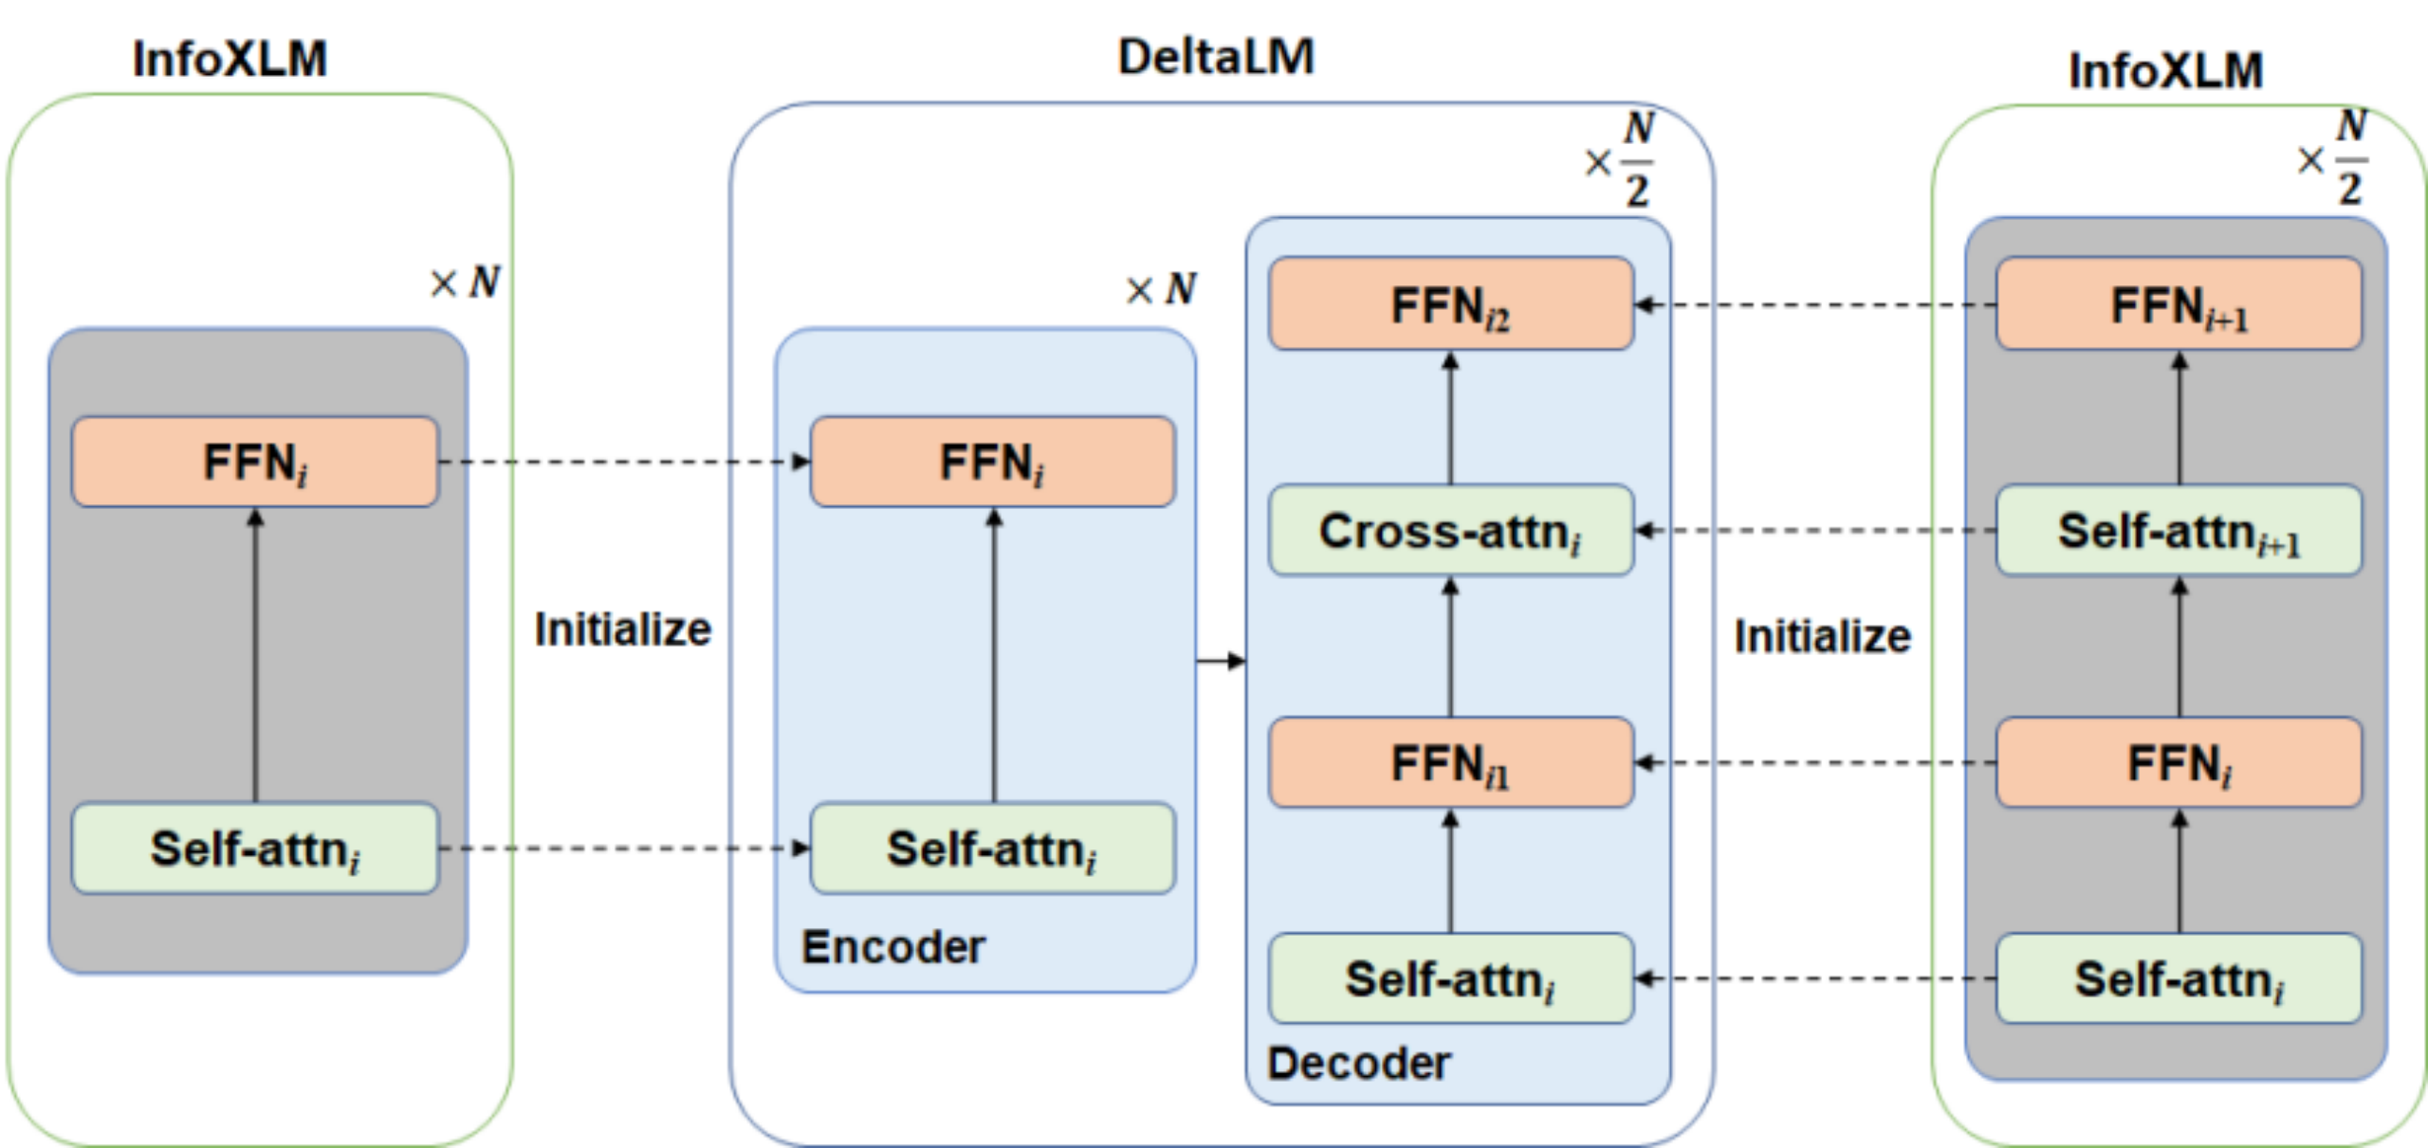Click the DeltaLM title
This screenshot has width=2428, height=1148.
(x=1216, y=57)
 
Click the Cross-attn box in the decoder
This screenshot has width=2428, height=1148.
(x=1451, y=530)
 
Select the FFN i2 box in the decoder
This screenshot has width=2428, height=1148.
(x=1451, y=303)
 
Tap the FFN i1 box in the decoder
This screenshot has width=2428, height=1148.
(x=1451, y=762)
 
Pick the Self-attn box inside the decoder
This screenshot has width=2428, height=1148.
(x=1451, y=978)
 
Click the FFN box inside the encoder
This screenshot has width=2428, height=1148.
(x=993, y=462)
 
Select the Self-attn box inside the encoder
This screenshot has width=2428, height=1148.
(x=993, y=848)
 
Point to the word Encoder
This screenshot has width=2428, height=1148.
(x=893, y=947)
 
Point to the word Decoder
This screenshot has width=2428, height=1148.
(x=1359, y=1064)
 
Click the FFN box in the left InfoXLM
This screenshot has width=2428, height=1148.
(x=255, y=462)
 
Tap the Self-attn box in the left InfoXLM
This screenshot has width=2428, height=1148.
(x=255, y=848)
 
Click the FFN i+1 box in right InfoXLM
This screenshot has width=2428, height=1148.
(x=2179, y=303)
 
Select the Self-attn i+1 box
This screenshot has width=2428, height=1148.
(x=2179, y=530)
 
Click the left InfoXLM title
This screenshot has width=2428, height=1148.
(x=230, y=59)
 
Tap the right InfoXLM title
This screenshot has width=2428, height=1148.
(x=2165, y=70)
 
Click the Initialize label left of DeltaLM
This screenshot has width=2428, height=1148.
(x=623, y=629)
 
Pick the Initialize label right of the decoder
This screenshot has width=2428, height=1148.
(x=1822, y=636)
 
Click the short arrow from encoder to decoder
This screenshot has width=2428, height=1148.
(x=1222, y=660)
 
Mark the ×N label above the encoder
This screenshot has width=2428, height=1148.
(x=1161, y=288)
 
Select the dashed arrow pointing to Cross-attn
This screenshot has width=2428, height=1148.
(x=1815, y=530)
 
